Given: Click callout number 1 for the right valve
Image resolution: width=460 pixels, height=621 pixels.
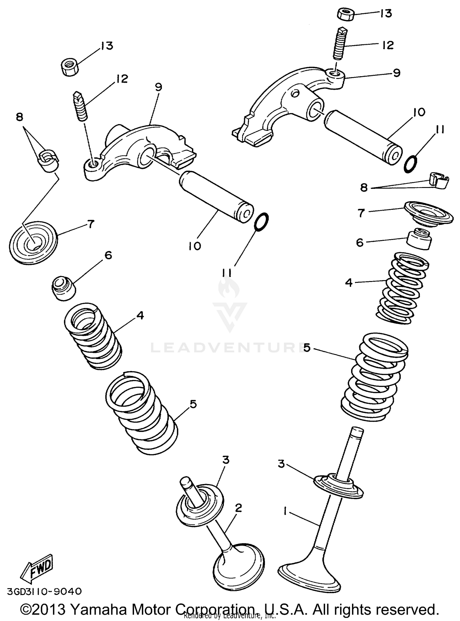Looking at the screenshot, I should point(286,511).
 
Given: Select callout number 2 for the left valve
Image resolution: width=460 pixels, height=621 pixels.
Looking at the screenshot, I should point(238,508).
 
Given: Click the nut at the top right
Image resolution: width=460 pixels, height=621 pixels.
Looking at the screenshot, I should point(346,14).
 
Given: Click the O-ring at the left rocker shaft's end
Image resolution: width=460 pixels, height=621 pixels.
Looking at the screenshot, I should point(262,221).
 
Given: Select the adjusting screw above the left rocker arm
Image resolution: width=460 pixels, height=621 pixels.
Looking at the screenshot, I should point(81,107).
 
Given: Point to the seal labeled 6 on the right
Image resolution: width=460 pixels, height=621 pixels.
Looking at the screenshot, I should point(419,238).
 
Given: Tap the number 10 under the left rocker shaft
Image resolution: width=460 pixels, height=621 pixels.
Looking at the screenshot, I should point(195,246).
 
